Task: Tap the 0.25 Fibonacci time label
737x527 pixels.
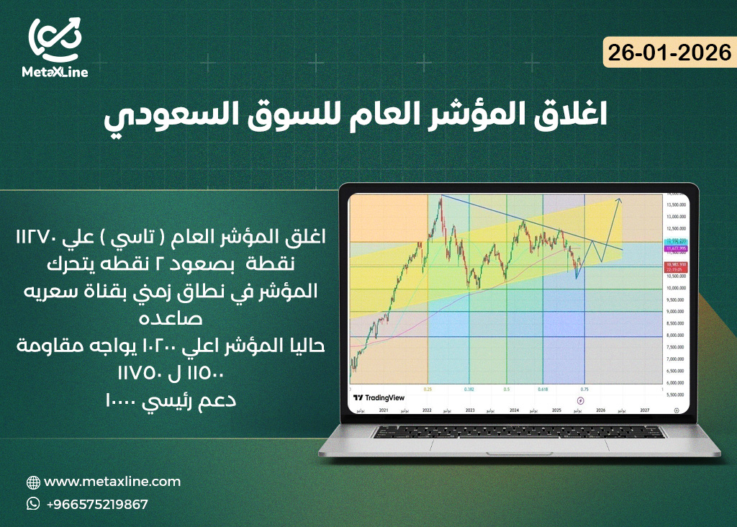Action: pos(428,388)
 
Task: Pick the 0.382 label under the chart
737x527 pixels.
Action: pos(469,388)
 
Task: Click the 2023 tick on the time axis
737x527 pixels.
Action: pos(469,409)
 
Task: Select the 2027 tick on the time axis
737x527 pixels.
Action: pos(645,409)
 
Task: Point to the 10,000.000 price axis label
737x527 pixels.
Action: pos(674,288)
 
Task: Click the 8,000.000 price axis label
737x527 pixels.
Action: pos(674,335)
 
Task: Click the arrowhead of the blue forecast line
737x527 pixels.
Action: pos(620,199)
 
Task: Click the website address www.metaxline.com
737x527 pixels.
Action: pos(112,482)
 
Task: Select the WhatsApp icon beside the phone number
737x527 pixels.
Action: pos(33,504)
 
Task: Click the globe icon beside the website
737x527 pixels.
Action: pos(33,482)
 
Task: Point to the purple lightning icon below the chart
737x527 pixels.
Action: pos(582,400)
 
